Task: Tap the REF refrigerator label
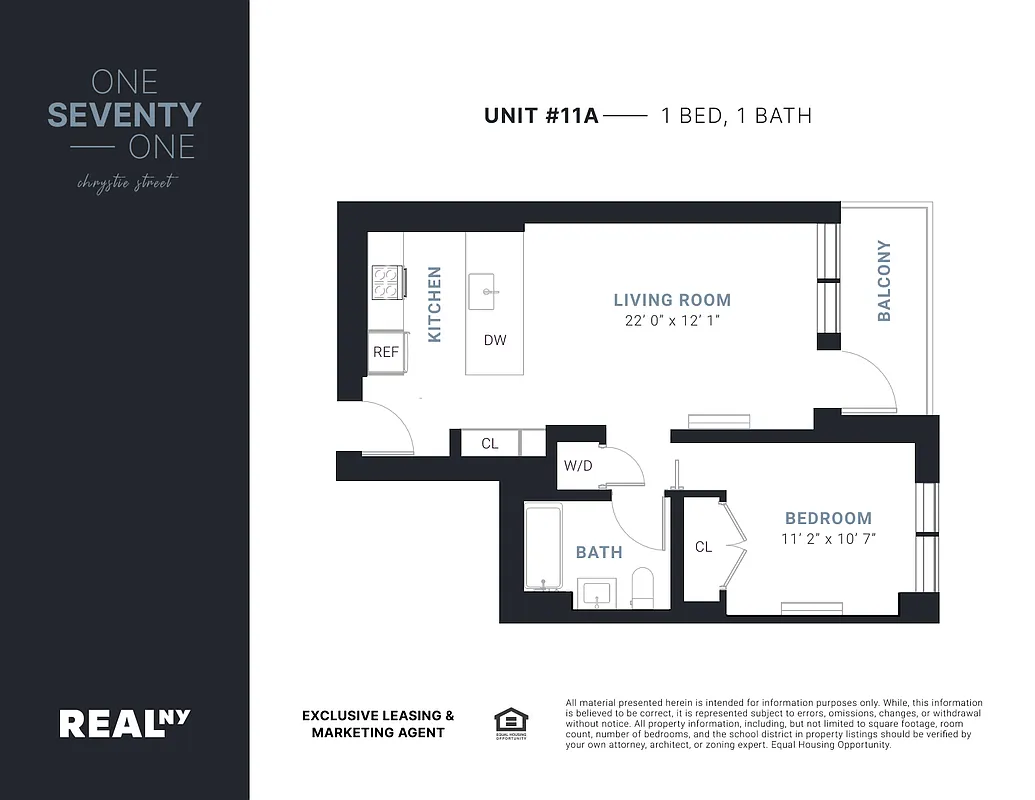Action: click(385, 352)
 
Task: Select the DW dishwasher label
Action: click(495, 340)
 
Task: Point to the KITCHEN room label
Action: click(435, 304)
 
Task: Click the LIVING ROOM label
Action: click(672, 300)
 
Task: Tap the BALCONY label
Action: click(884, 280)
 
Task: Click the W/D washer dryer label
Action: click(578, 465)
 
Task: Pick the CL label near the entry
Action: click(490, 444)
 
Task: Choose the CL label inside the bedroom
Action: click(703, 547)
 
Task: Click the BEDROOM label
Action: click(828, 518)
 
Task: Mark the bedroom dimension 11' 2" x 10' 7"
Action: click(828, 539)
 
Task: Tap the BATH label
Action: click(599, 552)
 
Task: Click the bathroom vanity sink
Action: click(599, 592)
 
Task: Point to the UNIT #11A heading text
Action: click(541, 116)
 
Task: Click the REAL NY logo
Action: click(124, 722)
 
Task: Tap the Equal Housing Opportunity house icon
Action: click(510, 722)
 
